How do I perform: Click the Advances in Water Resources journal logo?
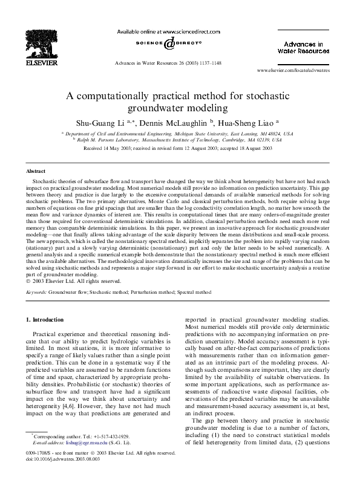pos(303,48)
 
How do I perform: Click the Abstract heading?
pos(36,172)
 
